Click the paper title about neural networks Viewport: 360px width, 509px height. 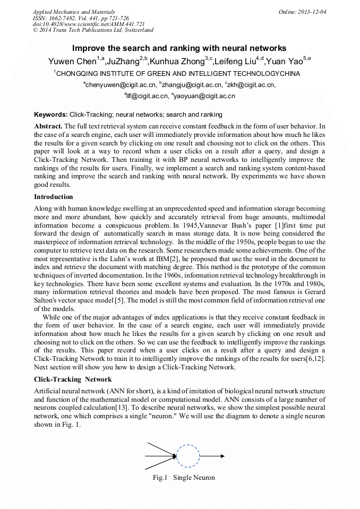pos(179,48)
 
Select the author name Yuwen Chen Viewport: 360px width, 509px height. pos(70,61)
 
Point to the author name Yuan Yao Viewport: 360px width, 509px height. pos(284,61)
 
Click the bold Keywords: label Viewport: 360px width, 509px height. pos(50,115)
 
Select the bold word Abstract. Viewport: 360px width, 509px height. pos(48,126)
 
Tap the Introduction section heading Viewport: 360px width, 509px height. pos(54,197)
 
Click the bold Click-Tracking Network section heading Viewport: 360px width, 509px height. pos(73,379)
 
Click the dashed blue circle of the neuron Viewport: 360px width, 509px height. pos(187,456)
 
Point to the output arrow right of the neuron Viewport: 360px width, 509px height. pos(212,456)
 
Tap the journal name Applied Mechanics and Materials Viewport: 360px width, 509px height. pos(73,12)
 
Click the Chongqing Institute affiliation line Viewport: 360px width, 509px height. pos(178,74)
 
